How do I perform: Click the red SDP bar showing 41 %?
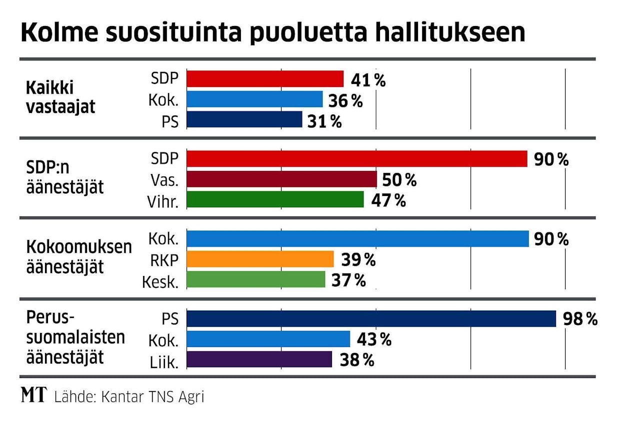click(265, 79)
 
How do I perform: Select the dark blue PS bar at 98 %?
click(371, 318)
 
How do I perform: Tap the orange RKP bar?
click(260, 259)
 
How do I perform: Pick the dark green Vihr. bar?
click(275, 199)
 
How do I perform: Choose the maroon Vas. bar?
click(281, 179)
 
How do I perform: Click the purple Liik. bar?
click(259, 359)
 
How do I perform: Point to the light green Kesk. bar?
click(255, 279)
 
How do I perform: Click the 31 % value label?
click(325, 121)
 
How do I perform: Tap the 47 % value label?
click(388, 200)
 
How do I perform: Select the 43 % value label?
click(374, 339)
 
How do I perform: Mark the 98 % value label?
click(579, 319)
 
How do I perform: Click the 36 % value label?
click(345, 100)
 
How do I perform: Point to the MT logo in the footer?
click(33, 396)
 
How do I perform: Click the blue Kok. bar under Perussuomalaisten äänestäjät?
click(268, 339)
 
